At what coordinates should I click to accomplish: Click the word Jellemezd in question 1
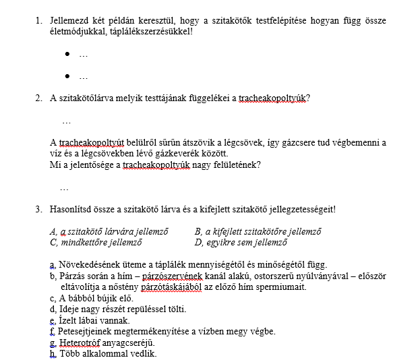point(69,20)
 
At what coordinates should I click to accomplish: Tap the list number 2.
point(38,98)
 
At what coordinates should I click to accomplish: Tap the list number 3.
point(38,209)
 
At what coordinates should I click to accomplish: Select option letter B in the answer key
point(198,231)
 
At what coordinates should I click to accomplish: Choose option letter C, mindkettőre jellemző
point(53,242)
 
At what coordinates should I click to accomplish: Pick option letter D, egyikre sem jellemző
point(198,242)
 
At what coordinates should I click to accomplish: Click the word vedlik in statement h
point(143,353)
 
